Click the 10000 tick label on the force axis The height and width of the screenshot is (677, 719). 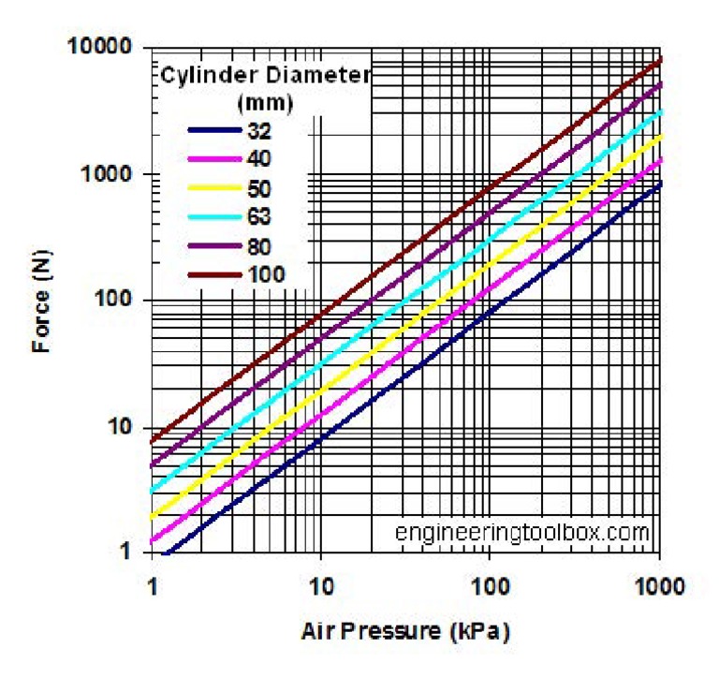100,47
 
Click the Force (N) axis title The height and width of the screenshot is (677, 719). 40,300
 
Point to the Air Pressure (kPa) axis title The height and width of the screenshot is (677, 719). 405,632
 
